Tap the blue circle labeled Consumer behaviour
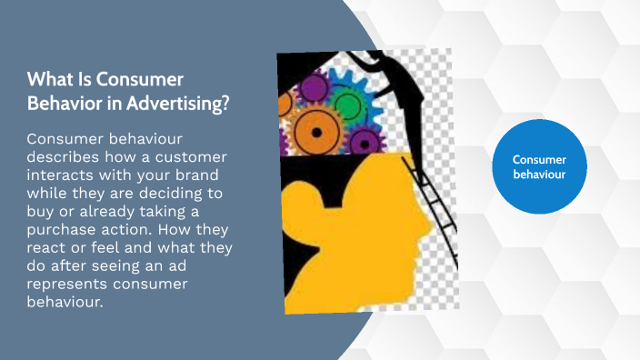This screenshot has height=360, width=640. pos(538,166)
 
